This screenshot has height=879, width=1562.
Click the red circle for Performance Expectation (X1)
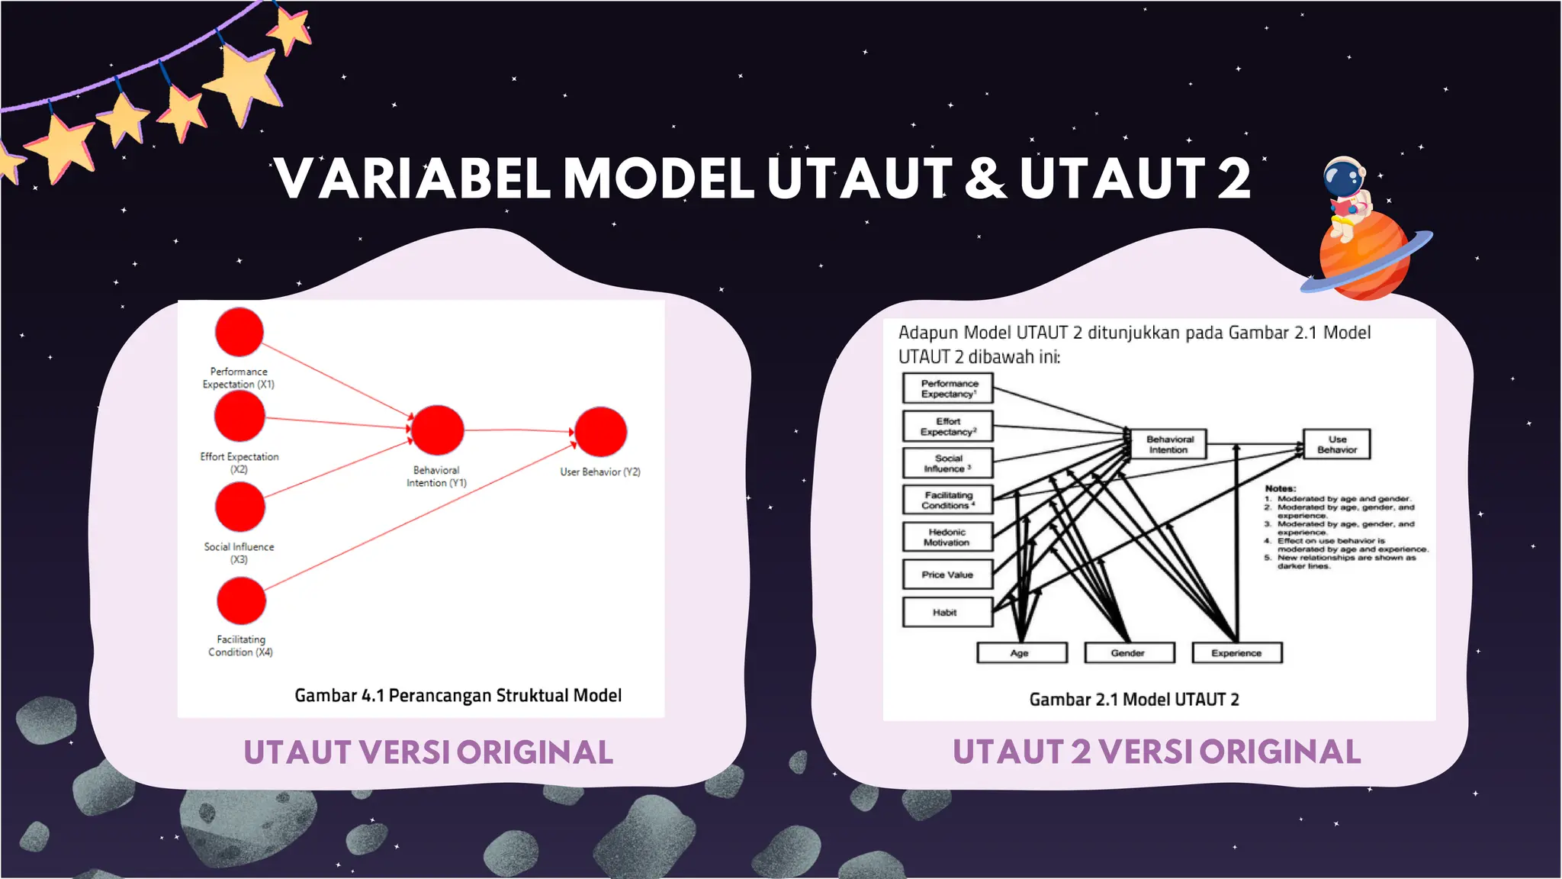point(239,332)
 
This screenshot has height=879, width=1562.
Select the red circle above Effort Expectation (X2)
point(239,417)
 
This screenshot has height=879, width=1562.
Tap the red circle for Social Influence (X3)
point(239,507)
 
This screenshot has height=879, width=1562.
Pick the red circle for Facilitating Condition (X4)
point(241,600)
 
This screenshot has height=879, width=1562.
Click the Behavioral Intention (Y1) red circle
point(437,430)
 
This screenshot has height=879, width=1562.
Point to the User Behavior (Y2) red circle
point(601,432)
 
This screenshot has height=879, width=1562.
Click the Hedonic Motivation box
point(947,537)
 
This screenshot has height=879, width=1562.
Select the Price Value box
point(947,575)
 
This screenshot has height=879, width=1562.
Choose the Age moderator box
point(1021,653)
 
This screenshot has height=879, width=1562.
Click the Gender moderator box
point(1129,653)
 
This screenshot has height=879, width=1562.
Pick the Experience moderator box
point(1236,653)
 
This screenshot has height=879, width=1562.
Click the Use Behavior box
point(1337,444)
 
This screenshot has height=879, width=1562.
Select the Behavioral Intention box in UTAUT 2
point(1169,444)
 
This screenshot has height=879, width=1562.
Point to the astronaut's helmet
point(1343,178)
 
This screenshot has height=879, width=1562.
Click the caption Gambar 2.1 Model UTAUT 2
point(1133,700)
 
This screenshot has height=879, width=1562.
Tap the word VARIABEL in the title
point(413,179)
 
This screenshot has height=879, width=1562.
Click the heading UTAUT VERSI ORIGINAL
point(428,752)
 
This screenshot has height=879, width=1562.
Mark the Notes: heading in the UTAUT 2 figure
point(1280,488)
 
